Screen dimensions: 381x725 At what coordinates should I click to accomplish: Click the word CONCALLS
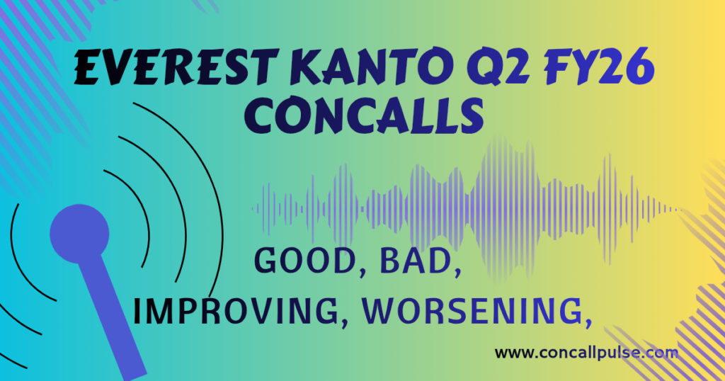(368, 115)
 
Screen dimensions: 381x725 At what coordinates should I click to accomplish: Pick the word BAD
(413, 263)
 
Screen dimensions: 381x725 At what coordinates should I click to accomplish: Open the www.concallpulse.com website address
(586, 352)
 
